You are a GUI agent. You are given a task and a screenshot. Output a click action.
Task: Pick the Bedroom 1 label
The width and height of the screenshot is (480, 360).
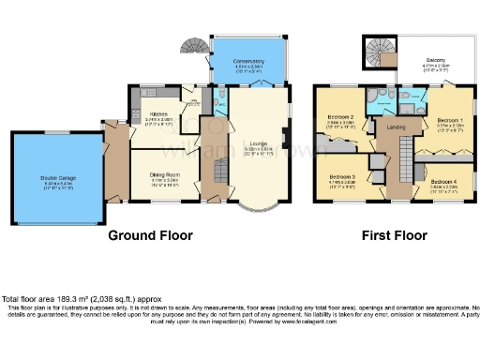coord(450,120)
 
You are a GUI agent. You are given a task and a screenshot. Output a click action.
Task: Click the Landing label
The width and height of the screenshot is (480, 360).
coord(397,127)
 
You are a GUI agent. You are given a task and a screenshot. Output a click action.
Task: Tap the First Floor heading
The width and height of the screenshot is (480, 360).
coord(392,235)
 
